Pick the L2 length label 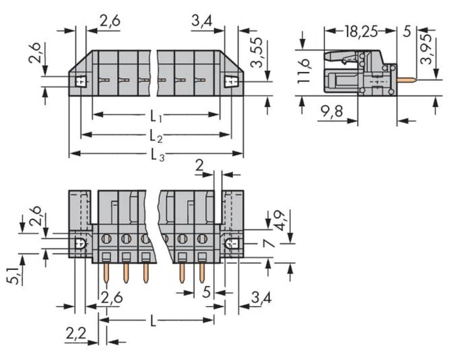(156, 136)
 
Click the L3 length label (156, 155)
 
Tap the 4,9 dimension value (280, 220)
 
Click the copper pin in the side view (407, 80)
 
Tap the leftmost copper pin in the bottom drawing (106, 273)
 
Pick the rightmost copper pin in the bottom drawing (202, 273)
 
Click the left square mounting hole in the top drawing (81, 81)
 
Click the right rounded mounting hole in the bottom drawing (231, 244)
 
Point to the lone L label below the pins (154, 322)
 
